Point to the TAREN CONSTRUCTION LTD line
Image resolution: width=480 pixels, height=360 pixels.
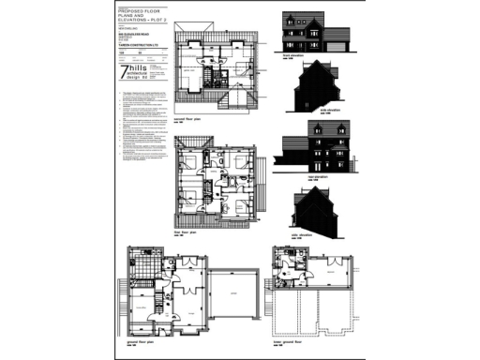click(x=139, y=55)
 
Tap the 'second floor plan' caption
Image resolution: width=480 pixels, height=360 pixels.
click(x=189, y=120)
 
